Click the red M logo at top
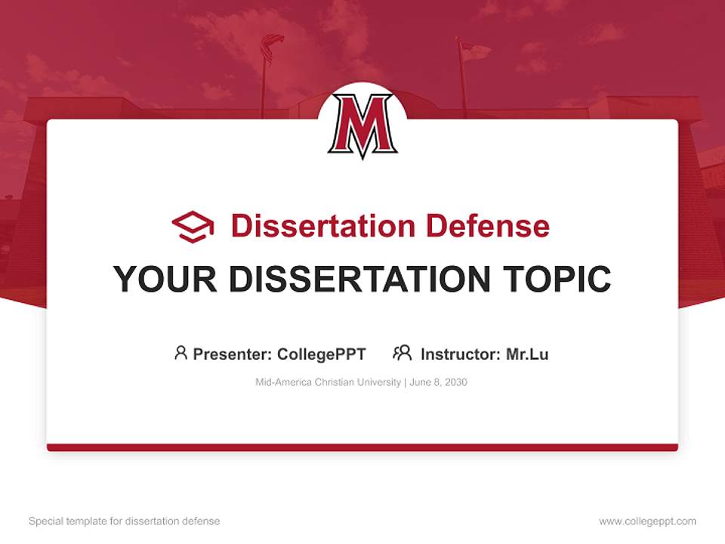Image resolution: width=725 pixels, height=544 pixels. (x=362, y=125)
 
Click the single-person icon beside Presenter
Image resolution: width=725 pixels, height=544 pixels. (x=180, y=353)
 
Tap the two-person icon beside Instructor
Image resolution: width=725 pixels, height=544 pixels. (x=402, y=353)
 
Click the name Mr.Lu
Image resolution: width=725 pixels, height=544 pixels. (x=527, y=354)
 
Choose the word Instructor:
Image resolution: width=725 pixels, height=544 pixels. (x=461, y=354)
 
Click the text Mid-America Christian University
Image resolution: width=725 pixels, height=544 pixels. (x=328, y=382)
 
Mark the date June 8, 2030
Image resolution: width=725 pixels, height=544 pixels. (x=439, y=382)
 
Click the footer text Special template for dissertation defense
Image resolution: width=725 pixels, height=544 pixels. (x=125, y=521)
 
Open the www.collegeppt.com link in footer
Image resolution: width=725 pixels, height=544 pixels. (x=647, y=521)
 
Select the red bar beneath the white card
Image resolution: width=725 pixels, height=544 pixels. (x=362, y=447)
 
